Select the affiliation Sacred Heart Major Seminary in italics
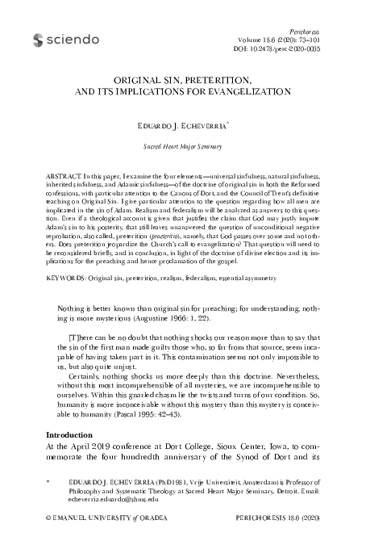pos(182,149)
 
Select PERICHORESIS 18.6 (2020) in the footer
pos(278,535)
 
